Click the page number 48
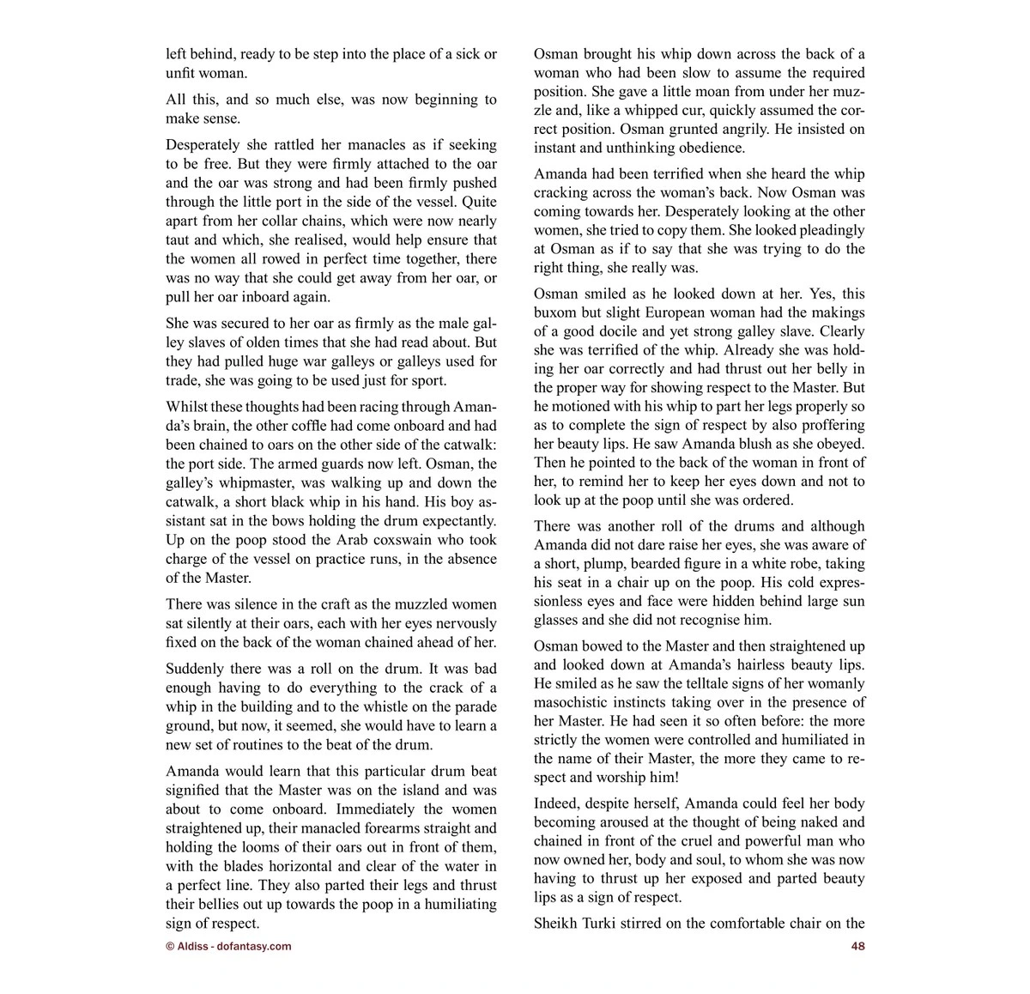(x=857, y=947)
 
